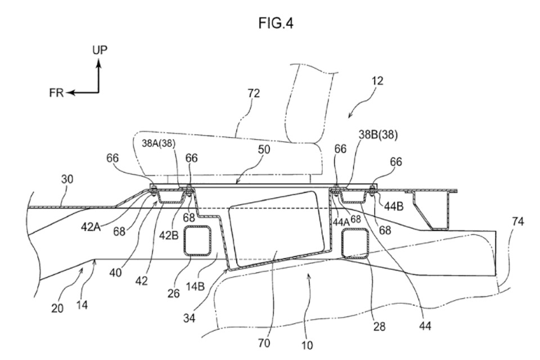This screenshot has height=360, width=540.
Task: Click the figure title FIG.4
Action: tap(277, 23)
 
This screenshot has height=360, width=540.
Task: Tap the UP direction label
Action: tap(100, 51)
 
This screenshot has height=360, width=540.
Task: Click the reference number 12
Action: tap(377, 80)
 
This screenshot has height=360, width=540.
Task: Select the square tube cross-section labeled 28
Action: tap(355, 243)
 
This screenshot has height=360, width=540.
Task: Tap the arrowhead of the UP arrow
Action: tap(98, 64)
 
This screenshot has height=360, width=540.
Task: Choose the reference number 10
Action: tap(308, 344)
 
